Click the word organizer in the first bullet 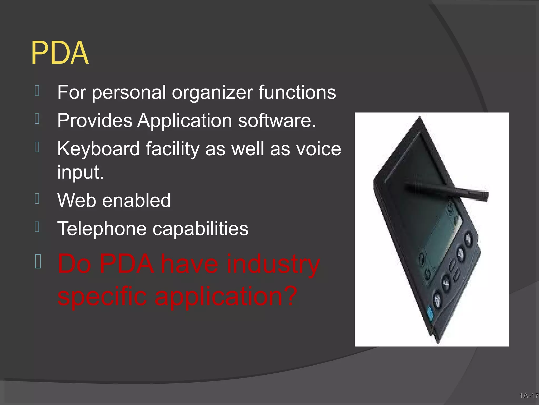click(212, 92)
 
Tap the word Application click(184, 121)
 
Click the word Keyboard click(98, 149)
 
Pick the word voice click(318, 149)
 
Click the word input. click(80, 172)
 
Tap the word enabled click(136, 200)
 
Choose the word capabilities click(200, 229)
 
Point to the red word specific click(102, 297)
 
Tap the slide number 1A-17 click(528, 396)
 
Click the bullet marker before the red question click(38, 261)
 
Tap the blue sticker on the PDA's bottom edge click(431, 315)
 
